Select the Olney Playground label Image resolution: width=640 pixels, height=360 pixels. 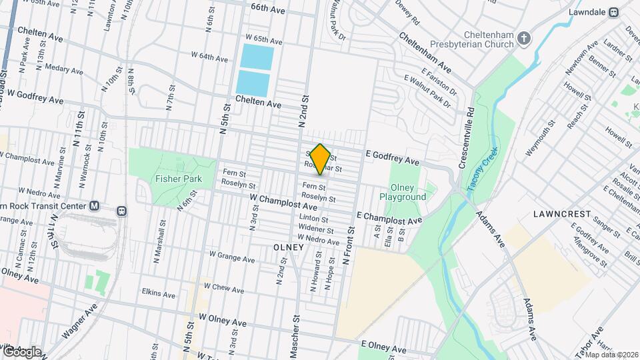(403, 192)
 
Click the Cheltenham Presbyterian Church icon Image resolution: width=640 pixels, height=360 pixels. (524, 39)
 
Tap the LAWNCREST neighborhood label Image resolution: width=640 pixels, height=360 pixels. (563, 214)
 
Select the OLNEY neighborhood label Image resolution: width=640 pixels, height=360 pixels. (289, 247)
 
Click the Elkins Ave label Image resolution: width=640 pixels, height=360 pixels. (158, 293)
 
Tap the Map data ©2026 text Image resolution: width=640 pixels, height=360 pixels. (610, 353)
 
